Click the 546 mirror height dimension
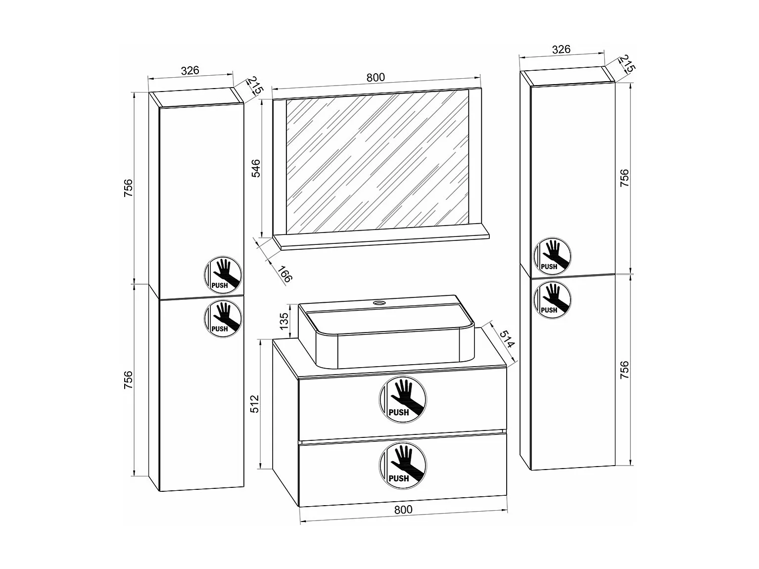click(255, 168)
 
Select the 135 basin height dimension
click(284, 321)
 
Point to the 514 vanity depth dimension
click(508, 339)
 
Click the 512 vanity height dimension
click(254, 404)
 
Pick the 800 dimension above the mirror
click(376, 77)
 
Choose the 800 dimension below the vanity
click(403, 509)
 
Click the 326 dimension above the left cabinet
click(190, 70)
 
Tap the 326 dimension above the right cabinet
click(561, 49)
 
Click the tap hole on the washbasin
click(379, 303)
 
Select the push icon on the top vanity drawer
click(403, 399)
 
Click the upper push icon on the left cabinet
click(223, 275)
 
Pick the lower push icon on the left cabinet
click(223, 318)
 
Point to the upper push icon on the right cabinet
click(553, 256)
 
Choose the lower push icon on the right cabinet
click(553, 299)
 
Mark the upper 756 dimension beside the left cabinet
click(128, 188)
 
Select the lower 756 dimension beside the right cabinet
click(624, 370)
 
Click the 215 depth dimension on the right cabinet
click(626, 64)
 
